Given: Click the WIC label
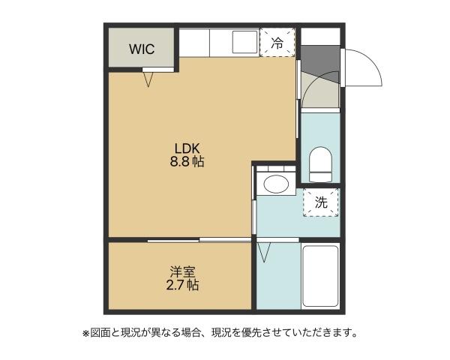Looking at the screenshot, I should coord(141,49).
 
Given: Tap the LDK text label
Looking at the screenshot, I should coord(187,147).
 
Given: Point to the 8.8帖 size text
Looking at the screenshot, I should coord(187,161).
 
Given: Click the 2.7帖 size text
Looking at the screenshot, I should coord(182,285).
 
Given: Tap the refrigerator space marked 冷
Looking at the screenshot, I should coord(276,43).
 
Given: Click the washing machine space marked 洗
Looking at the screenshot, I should coord(320,202).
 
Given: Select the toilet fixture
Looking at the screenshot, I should coord(320,164).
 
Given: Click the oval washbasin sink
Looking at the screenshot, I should coord(276,184).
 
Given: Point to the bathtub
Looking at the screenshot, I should coord(320,275).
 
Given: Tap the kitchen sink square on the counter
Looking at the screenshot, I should coord(244,42).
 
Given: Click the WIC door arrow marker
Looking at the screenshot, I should coord(148,77).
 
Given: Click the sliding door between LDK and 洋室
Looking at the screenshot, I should coord(198,240).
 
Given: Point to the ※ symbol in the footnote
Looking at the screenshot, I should coord(85,331).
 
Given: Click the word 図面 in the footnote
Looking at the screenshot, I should coord(99,331).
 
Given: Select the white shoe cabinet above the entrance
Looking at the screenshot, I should coord(319,36).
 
